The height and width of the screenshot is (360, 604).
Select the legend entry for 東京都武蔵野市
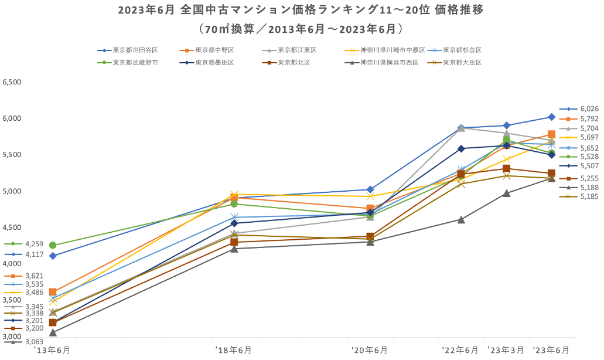pos(135,62)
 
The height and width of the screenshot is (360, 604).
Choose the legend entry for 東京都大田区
pos(462,62)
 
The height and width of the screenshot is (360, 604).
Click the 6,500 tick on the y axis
pos(12,83)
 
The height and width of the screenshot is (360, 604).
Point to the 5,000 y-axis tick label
pos(12,191)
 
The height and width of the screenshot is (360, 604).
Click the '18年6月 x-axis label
pos(234,350)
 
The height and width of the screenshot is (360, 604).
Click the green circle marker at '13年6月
pos(53,245)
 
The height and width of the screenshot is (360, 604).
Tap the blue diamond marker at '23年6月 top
pos(551,117)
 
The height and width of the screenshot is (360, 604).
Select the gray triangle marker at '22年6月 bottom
pos(461,219)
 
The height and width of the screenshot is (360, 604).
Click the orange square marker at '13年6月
pos(53,291)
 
